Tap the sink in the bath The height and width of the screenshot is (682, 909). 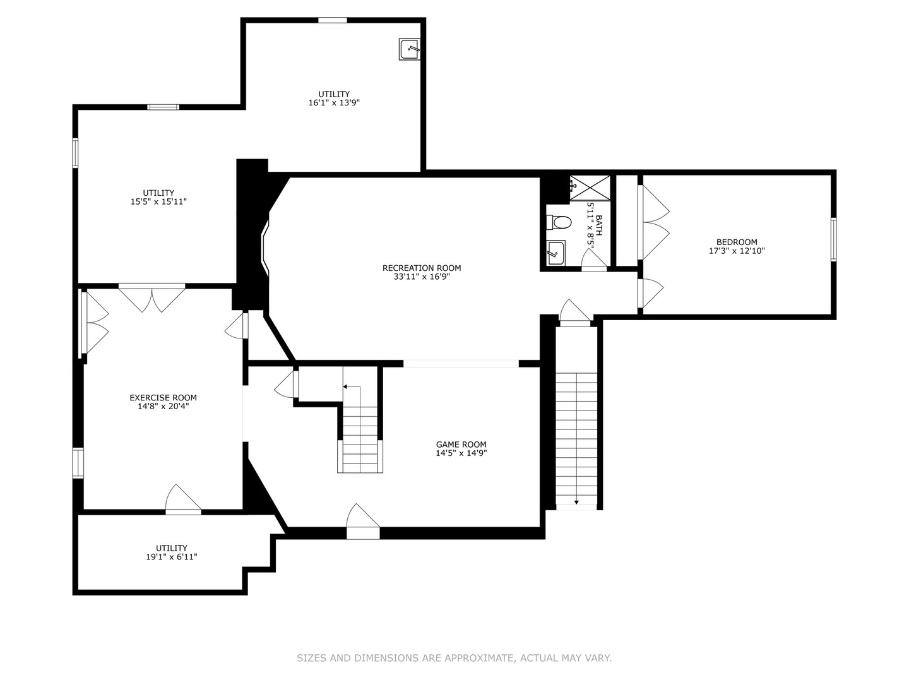point(555,252)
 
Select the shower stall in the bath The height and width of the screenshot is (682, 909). point(590,188)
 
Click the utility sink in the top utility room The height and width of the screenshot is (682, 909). point(410,49)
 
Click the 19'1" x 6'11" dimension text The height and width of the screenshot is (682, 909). point(172,557)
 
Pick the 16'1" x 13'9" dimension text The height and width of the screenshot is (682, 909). point(334,103)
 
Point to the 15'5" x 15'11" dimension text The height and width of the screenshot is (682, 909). point(158,201)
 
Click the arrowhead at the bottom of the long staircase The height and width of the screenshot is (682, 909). point(576,502)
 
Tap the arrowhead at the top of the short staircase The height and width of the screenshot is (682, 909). point(345,386)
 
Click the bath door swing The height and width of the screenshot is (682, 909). point(594,260)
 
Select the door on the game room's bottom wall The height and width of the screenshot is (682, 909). point(363,522)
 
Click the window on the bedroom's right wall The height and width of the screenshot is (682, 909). point(834,239)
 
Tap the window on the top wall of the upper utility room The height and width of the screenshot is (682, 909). point(332,20)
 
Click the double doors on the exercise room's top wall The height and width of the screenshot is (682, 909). point(152,297)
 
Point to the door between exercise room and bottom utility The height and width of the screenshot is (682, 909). point(184,500)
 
